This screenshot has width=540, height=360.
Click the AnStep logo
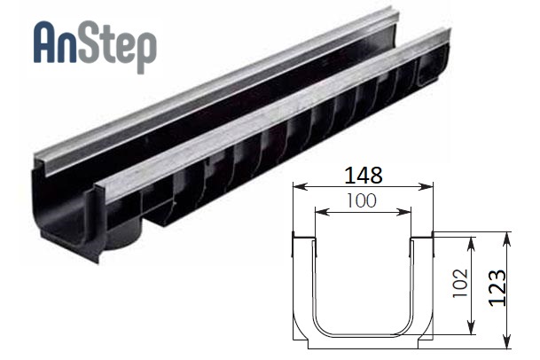[95, 46]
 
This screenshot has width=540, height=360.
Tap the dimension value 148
[363, 175]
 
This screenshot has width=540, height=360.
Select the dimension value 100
[361, 201]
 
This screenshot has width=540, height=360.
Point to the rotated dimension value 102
[460, 284]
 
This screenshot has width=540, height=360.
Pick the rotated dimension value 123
[498, 288]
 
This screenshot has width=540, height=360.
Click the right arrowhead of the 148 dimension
[427, 187]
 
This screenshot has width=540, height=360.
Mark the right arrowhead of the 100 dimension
[404, 213]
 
